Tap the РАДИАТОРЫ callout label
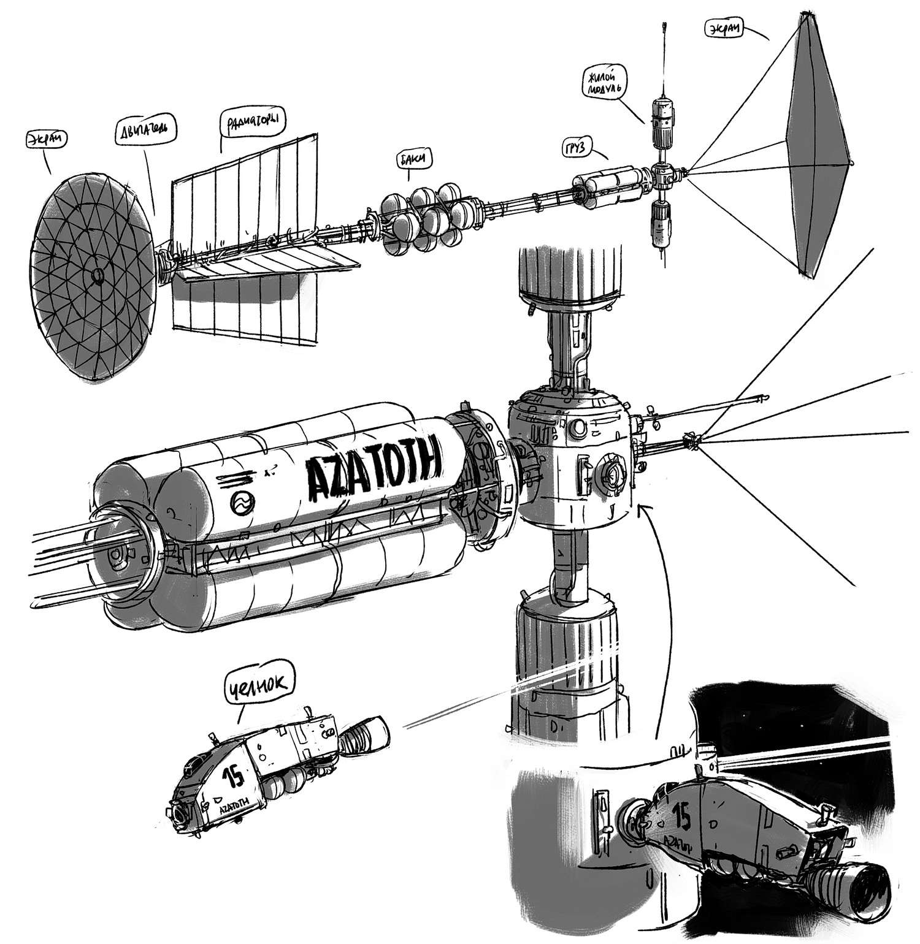[x=253, y=119]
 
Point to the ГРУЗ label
[x=580, y=148]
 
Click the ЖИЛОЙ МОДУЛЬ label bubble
[x=603, y=83]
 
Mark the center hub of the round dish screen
[x=96, y=277]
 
